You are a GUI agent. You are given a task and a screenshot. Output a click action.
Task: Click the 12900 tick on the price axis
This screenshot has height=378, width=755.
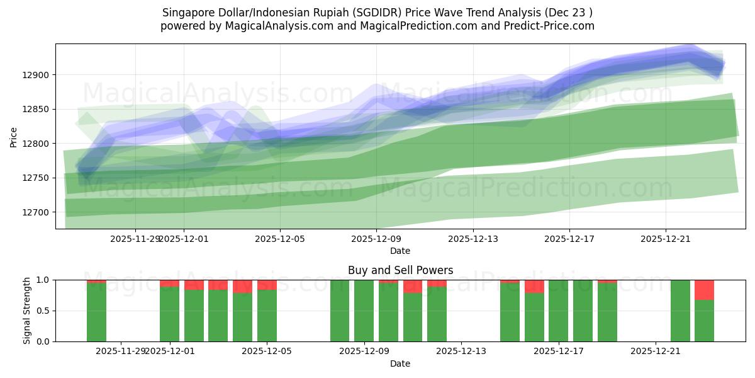click(x=39, y=75)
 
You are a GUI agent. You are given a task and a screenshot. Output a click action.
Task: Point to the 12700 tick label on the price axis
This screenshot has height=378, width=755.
click(x=39, y=212)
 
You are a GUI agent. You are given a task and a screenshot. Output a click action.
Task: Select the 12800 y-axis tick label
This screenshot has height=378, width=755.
click(x=39, y=144)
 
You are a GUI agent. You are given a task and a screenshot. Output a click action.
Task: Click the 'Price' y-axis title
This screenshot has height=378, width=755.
click(x=14, y=137)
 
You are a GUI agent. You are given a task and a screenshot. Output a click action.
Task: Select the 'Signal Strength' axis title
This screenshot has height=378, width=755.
click(x=26, y=311)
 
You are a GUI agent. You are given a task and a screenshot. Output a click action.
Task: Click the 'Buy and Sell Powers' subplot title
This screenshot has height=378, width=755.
click(x=400, y=270)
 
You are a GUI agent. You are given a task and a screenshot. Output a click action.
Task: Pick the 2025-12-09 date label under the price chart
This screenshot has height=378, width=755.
click(x=376, y=239)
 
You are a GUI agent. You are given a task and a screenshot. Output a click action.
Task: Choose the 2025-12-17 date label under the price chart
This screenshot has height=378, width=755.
click(x=569, y=239)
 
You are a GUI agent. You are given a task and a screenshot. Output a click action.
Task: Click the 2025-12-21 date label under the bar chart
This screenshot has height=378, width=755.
click(x=656, y=351)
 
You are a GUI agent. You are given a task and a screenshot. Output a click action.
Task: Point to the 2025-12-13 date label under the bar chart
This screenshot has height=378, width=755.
click(x=461, y=351)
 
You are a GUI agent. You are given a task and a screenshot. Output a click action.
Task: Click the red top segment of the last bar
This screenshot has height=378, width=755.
click(x=704, y=290)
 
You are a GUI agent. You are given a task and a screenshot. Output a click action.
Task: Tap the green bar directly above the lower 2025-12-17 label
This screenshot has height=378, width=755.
click(x=558, y=311)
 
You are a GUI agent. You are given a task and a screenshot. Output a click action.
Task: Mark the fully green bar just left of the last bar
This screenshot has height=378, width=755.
click(x=680, y=311)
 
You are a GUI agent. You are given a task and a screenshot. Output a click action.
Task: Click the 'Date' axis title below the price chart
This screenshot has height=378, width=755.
click(x=400, y=251)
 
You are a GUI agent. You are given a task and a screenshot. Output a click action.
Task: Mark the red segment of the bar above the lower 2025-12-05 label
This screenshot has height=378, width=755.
click(x=267, y=285)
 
